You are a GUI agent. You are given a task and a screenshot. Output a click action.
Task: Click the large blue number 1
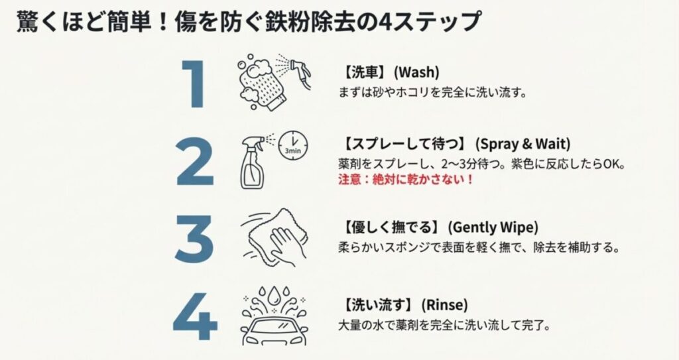[194, 84]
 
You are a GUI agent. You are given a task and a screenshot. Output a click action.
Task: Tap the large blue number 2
[195, 162]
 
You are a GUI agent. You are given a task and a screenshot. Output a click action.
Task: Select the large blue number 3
[194, 239]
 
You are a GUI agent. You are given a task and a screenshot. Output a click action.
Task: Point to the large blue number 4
[195, 316]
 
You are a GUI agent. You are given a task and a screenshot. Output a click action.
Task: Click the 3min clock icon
[293, 145]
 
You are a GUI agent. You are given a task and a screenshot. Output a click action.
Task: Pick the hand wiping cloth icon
[275, 237]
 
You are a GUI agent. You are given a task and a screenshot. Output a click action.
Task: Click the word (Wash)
[416, 72]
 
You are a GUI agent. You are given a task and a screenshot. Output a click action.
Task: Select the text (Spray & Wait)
[523, 144]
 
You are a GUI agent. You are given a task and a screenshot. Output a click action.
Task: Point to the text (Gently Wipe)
[493, 227]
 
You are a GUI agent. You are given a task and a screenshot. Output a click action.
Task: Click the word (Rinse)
[444, 305]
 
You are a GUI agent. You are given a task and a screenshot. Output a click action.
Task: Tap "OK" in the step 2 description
[612, 164]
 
